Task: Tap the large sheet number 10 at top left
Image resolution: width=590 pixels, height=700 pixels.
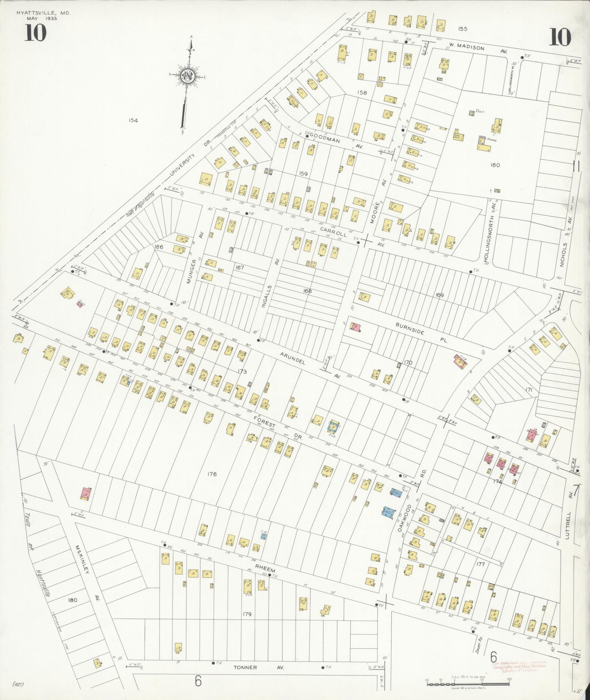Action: [x=35, y=33]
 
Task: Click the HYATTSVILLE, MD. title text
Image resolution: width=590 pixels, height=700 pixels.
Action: [x=43, y=13]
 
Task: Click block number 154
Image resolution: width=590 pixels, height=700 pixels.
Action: [x=133, y=120]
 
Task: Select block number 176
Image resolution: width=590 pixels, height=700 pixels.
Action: [x=212, y=474]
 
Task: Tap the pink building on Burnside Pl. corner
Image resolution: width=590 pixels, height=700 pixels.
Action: [x=355, y=327]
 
